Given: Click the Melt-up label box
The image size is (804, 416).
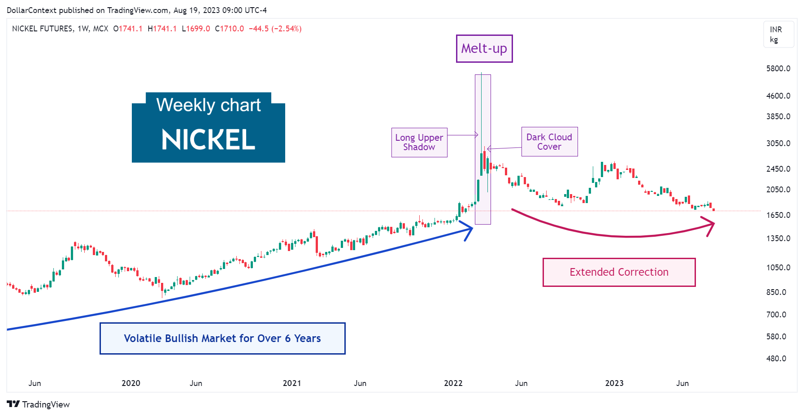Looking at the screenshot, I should [484, 48].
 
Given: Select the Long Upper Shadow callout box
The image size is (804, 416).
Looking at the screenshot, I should [419, 143].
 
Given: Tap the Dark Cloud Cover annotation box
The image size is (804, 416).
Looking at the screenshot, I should [549, 142].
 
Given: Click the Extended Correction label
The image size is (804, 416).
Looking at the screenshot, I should [619, 272].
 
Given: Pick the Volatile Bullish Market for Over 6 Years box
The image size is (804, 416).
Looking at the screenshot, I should [222, 338].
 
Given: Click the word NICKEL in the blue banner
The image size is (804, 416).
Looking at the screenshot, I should [209, 140].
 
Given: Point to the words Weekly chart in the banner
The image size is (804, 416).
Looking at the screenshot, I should [209, 105].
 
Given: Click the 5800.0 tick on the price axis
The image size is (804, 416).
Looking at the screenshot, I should [778, 69].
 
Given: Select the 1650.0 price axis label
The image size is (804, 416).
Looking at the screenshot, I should [778, 215].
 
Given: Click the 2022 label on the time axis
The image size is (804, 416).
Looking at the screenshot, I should [453, 383].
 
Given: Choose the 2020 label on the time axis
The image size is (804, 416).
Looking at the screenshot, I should [131, 383].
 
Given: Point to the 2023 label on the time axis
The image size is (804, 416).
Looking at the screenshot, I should [614, 383].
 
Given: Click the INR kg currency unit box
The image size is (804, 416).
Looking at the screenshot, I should [778, 35].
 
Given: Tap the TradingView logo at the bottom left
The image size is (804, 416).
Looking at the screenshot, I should [39, 404].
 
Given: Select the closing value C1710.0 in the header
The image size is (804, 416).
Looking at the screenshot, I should [230, 29].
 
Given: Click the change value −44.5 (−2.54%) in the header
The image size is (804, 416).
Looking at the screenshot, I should [275, 29].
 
